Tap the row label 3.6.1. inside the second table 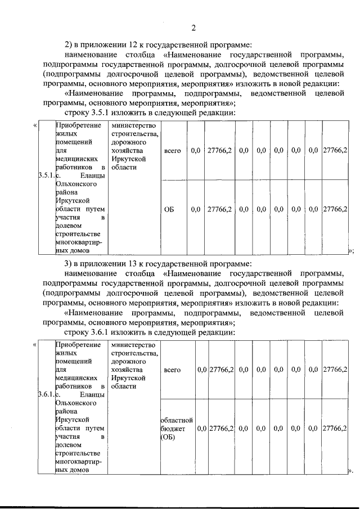coord(46,394)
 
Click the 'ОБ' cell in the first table coord(169,209)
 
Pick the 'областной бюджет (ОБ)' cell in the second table coord(177,428)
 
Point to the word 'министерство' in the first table coord(133,125)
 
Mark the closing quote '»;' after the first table coord(350,251)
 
